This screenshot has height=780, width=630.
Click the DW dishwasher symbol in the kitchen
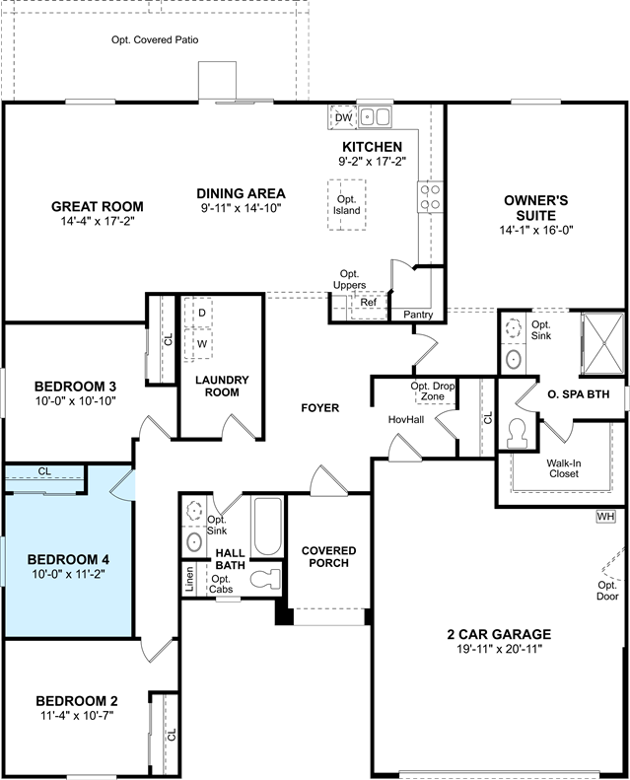click(343, 117)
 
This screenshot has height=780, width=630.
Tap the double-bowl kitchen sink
click(375, 117)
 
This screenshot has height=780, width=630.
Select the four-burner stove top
click(430, 197)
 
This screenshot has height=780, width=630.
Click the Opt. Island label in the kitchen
click(347, 205)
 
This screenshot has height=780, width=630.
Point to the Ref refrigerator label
click(369, 303)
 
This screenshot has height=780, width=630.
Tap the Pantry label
click(418, 315)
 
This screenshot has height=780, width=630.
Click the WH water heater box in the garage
click(605, 517)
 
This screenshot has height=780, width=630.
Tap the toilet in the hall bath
click(265, 579)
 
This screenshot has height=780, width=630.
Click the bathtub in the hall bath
click(267, 527)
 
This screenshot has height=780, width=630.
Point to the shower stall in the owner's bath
click(603, 343)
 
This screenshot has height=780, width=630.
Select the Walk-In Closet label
click(564, 468)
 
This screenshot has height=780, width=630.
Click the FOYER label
click(320, 408)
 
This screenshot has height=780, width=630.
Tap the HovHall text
click(406, 420)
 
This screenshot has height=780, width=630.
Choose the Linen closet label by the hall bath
click(189, 579)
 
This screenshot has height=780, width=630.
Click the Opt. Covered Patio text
click(155, 39)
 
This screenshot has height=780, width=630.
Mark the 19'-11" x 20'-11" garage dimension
click(499, 649)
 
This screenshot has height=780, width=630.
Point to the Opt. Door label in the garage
click(607, 591)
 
